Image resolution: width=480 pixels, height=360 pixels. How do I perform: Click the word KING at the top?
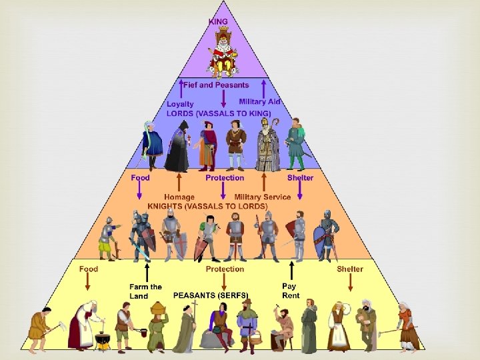218,21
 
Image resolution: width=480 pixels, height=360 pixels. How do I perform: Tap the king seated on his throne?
223,52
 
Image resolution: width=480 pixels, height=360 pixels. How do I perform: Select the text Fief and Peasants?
215,85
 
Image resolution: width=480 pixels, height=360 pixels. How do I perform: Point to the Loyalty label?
180,104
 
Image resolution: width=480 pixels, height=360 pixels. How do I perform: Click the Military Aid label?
259,101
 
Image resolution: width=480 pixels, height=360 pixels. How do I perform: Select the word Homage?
179,197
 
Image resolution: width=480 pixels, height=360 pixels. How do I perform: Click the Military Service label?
262,197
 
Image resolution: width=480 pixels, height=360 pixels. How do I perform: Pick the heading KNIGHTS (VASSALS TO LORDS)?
207,206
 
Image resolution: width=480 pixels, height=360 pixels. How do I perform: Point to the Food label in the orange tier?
140,178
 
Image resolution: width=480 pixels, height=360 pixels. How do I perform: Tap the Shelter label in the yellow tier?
350,269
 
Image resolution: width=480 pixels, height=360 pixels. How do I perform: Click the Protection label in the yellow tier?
225,269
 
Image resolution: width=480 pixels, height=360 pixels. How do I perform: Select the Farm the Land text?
145,291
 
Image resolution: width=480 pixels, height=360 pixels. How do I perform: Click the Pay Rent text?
291,291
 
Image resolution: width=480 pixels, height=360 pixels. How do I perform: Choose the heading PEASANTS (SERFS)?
211,295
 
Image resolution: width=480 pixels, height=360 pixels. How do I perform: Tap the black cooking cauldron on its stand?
102,340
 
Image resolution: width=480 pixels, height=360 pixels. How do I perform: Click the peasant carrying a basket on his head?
157,326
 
